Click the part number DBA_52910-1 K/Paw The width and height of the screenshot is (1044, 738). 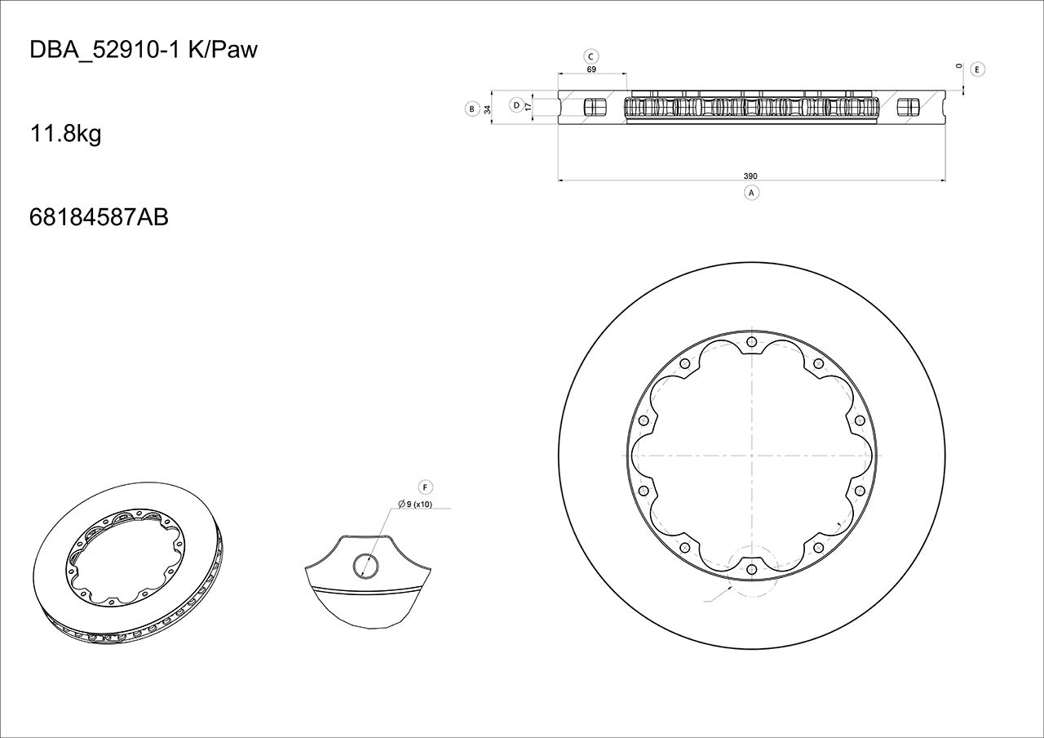pos(144,50)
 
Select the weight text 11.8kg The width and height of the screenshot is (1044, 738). pos(65,133)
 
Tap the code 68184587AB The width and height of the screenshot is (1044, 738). pos(99,217)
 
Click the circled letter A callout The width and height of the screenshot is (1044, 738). pos(752,193)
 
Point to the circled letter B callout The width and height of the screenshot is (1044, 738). pos(471,109)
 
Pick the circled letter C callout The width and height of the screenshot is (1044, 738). pos(592,56)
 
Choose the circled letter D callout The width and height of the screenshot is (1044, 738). pos(516,104)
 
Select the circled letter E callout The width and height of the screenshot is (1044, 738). pos(978,69)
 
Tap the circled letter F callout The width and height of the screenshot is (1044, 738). pos(424,487)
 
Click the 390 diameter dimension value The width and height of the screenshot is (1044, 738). pos(750,176)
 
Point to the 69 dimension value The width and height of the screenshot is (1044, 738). pos(591,70)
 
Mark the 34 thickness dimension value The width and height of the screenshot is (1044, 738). pos(488,109)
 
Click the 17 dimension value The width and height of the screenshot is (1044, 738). pos(529,106)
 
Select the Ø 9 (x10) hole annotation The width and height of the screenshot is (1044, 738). pos(416,505)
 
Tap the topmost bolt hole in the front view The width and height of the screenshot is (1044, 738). pos(751,341)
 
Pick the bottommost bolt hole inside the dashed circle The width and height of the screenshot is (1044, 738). pos(751,569)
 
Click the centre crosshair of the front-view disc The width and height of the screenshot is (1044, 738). pos(751,455)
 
